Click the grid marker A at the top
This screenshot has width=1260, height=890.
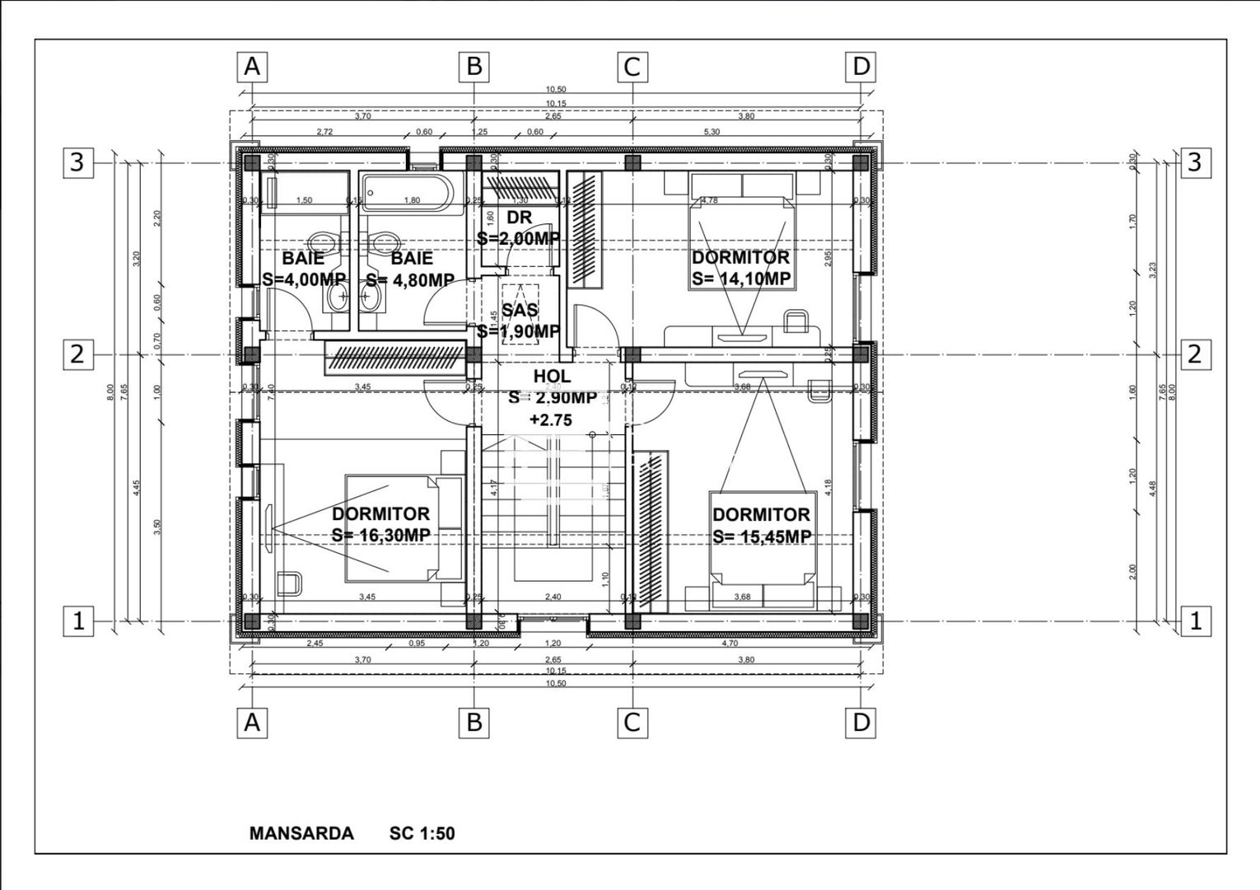click(x=252, y=67)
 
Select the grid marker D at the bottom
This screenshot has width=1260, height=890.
click(x=861, y=723)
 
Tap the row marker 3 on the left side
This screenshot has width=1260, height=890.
click(x=77, y=162)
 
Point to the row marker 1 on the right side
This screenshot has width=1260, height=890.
click(x=1195, y=621)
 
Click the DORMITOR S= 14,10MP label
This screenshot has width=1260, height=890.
click(x=740, y=268)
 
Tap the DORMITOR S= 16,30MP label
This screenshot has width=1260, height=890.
click(x=380, y=524)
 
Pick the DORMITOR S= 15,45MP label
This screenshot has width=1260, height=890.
click(x=761, y=525)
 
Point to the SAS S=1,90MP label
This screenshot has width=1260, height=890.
click(x=519, y=321)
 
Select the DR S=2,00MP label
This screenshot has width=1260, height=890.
click(x=519, y=227)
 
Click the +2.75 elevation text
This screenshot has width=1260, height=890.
click(x=550, y=420)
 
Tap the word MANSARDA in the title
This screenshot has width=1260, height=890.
click(x=301, y=833)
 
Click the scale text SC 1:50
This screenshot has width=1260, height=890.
click(x=422, y=833)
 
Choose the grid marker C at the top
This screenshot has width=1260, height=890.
click(x=632, y=67)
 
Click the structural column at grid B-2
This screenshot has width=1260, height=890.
click(x=474, y=354)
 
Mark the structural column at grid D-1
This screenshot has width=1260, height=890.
click(x=861, y=621)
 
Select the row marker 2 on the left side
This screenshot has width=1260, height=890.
click(x=77, y=354)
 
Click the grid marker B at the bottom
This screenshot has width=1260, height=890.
click(x=474, y=723)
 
